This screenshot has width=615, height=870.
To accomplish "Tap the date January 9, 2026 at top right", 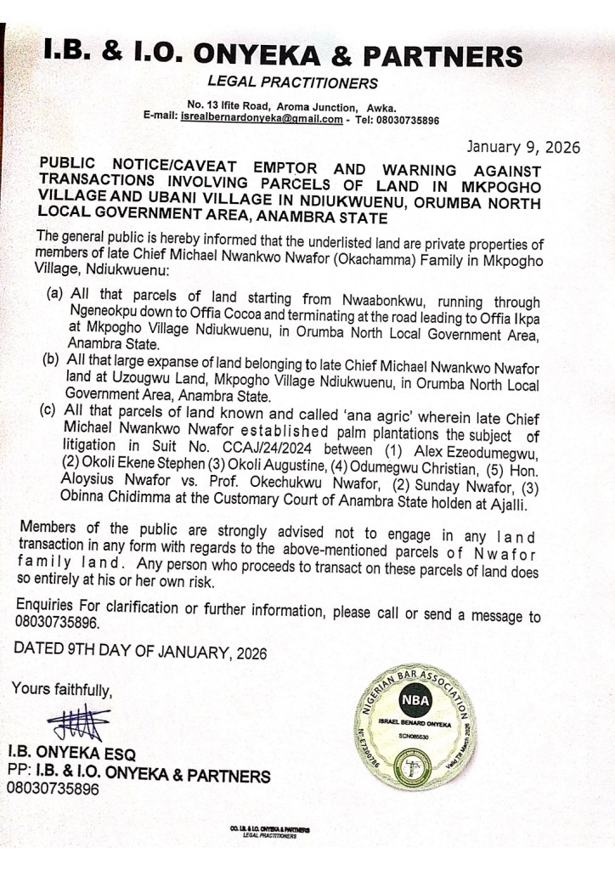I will tap(522, 146).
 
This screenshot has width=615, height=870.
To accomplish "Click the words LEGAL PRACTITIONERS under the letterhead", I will tap(292, 83).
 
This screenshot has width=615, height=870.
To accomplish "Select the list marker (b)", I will tap(50, 361).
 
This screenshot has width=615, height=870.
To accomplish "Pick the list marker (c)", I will tap(51, 412).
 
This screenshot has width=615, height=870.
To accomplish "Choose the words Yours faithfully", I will tap(61, 688).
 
